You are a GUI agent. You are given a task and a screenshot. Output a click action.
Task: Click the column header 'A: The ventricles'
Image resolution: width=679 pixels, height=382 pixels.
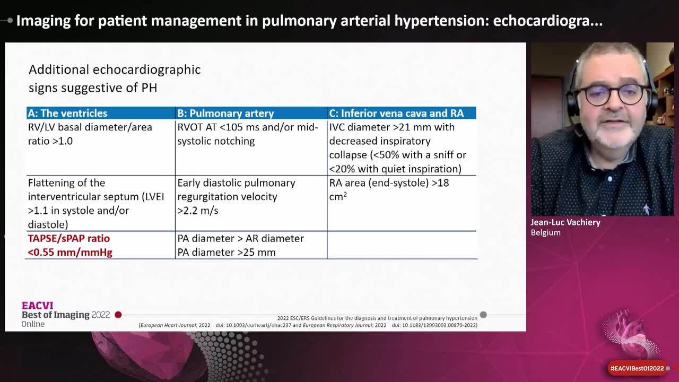click(x=67, y=113)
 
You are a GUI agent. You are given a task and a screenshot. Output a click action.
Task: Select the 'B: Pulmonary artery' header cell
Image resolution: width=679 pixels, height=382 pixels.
click(x=225, y=113)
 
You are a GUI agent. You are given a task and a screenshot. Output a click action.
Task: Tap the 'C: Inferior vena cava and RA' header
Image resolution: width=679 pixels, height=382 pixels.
click(x=396, y=113)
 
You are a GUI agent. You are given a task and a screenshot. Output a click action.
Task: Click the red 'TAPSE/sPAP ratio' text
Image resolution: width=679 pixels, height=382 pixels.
click(x=69, y=239)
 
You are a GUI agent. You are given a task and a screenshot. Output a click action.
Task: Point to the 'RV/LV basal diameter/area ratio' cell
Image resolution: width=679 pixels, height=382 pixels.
click(x=90, y=134)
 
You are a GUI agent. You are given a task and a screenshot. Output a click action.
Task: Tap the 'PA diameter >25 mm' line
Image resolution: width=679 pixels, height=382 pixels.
click(x=227, y=253)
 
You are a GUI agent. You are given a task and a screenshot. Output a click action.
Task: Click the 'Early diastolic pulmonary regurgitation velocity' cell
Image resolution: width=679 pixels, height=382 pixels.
click(x=236, y=196)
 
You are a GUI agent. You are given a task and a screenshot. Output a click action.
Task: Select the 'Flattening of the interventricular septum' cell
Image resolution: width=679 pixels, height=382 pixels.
click(x=95, y=203)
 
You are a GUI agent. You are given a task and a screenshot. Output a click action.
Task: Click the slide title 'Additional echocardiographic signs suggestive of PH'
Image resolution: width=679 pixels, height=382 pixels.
click(x=114, y=78)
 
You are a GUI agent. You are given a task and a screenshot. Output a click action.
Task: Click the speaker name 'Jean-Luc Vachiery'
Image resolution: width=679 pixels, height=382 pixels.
click(x=565, y=222)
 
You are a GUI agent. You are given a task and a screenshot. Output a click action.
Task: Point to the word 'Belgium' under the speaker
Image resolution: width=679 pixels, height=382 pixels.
click(x=545, y=232)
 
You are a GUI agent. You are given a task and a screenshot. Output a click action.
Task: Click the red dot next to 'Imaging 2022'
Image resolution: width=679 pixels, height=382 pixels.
click(x=118, y=315)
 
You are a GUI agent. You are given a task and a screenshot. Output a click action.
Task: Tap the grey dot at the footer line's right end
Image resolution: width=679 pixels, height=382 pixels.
click(x=483, y=315)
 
